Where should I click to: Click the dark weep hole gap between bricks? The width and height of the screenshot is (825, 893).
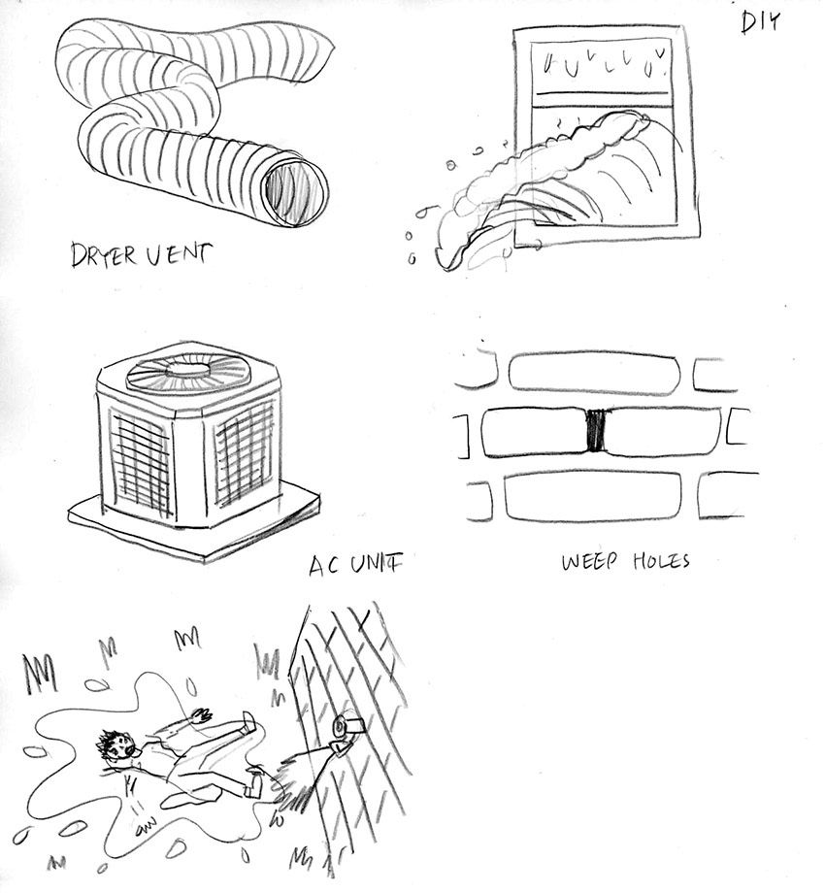point(596,430)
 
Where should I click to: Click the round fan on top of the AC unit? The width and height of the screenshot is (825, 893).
point(187,369)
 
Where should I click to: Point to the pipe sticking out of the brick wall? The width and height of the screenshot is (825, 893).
point(346,733)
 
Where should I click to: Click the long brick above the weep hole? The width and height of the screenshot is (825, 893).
point(593,373)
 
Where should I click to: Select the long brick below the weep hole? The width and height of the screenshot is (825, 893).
point(593,495)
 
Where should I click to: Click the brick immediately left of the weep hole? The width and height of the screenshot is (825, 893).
point(533,431)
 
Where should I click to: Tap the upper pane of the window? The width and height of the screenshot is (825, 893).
point(605,64)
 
